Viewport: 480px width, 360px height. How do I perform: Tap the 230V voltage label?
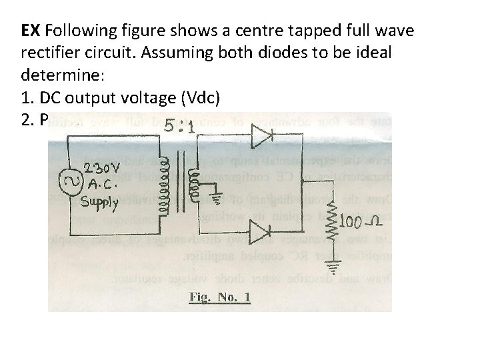(x=102, y=167)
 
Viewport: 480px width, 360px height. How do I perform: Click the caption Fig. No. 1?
(x=220, y=297)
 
